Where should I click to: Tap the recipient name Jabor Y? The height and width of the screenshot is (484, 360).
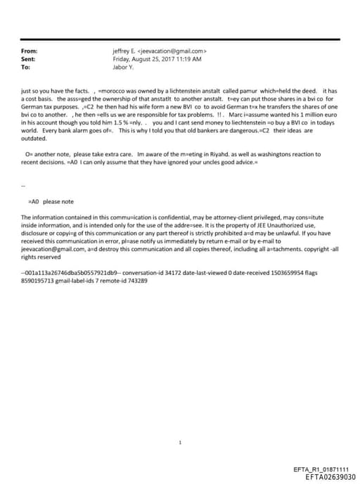123,67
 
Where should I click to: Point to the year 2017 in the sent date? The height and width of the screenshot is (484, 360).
163,59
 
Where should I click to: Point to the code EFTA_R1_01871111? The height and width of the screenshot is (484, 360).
320,469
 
